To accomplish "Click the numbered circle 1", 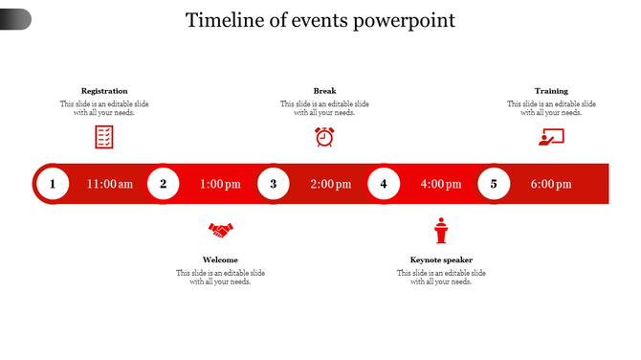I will pos(53,184).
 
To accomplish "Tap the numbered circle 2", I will pos(164,184).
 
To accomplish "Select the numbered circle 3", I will pos(274,184).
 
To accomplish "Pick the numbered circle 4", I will pos(384,184).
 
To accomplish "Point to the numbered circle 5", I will pos(494,184).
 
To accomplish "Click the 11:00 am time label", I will pos(110,184).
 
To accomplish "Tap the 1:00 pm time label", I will pos(220,184).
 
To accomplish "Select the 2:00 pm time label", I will pos(330,184).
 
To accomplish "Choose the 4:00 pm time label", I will pos(440,184).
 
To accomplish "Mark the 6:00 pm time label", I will pos(551,184).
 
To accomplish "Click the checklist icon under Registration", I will pos(104,137).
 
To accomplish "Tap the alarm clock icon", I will pos(324,137).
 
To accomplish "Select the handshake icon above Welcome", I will pos(221,230).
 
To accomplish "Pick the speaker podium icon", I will pos(441,231).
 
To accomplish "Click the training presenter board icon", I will pos(551,137).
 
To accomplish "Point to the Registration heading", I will pos(104,91).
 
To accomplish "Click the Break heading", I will pos(324,91).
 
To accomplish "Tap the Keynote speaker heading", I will pos(441,259).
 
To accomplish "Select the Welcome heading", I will pos(220,259).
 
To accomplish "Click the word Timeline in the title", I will pos(223,20).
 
